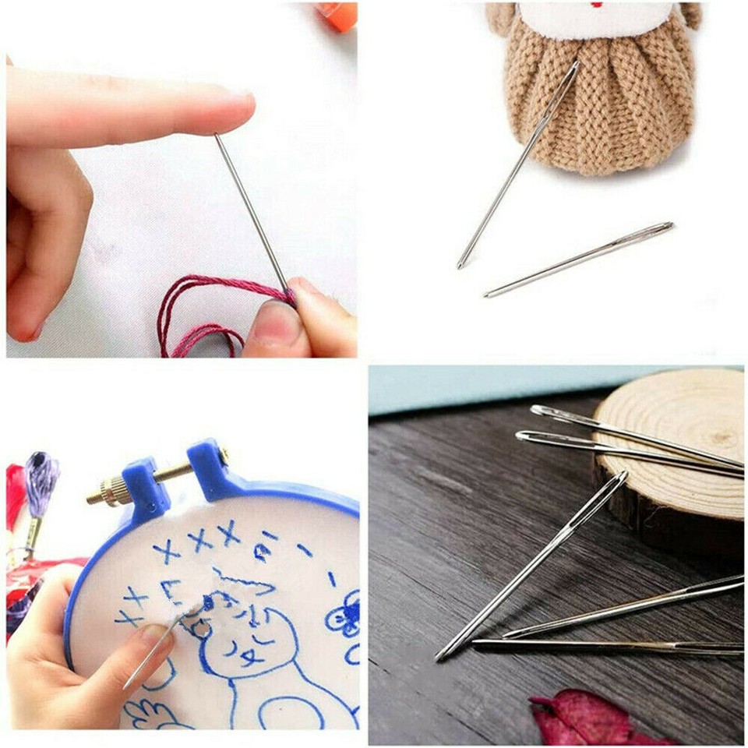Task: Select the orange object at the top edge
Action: pos(340,16)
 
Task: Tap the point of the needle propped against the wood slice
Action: pos(440,658)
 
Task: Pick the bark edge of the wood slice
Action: pos(662,514)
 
